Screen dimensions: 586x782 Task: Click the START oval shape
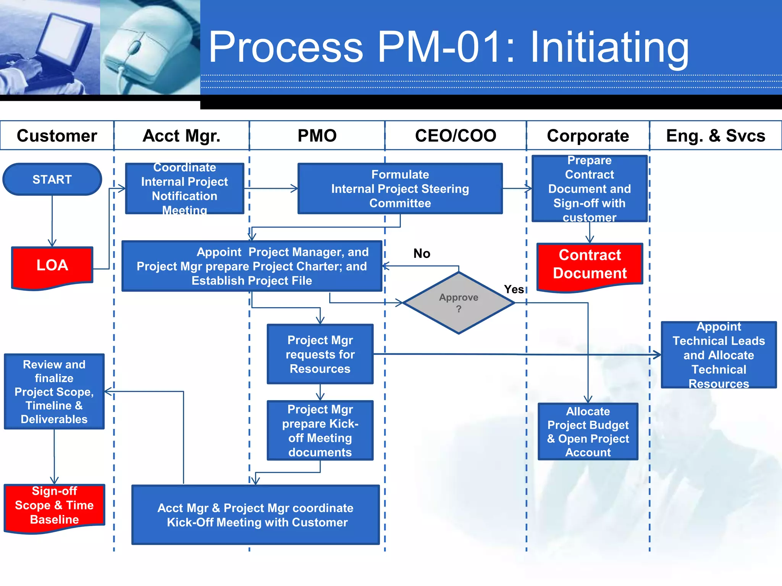click(52, 179)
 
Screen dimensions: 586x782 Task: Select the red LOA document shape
click(52, 266)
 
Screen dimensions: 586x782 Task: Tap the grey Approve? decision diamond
click(459, 303)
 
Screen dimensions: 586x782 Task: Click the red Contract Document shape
click(590, 265)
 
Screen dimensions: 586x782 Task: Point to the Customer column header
click(57, 136)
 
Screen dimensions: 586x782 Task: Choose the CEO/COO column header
click(456, 136)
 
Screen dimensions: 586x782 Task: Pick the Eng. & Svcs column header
click(716, 136)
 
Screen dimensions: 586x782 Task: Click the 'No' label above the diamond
click(422, 254)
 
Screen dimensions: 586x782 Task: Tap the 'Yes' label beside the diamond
click(514, 290)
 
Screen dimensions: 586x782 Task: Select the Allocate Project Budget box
click(588, 431)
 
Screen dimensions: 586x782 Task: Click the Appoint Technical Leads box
click(719, 355)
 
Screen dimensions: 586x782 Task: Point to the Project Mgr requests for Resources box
click(320, 354)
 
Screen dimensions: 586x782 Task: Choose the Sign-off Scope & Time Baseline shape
click(54, 506)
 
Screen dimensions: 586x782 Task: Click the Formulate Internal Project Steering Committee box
click(400, 189)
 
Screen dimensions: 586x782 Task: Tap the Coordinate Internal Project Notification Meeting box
click(184, 189)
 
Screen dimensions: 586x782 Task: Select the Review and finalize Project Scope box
click(54, 391)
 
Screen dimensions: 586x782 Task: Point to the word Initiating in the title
click(609, 48)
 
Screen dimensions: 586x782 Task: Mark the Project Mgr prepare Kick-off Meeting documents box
click(320, 430)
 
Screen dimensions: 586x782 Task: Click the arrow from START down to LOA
click(52, 221)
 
